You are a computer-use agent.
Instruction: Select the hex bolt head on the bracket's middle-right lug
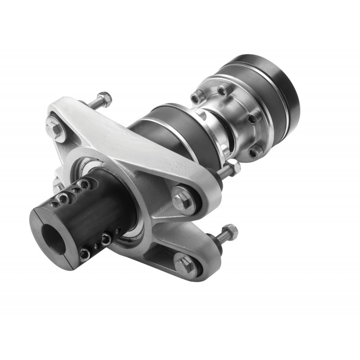click(x=183, y=199)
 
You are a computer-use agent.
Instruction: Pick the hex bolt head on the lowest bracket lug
click(x=186, y=265)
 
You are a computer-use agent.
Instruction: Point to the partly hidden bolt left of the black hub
click(x=57, y=185)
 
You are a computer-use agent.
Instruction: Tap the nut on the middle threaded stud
click(x=233, y=167)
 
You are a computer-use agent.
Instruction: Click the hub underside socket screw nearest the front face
click(x=85, y=254)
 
